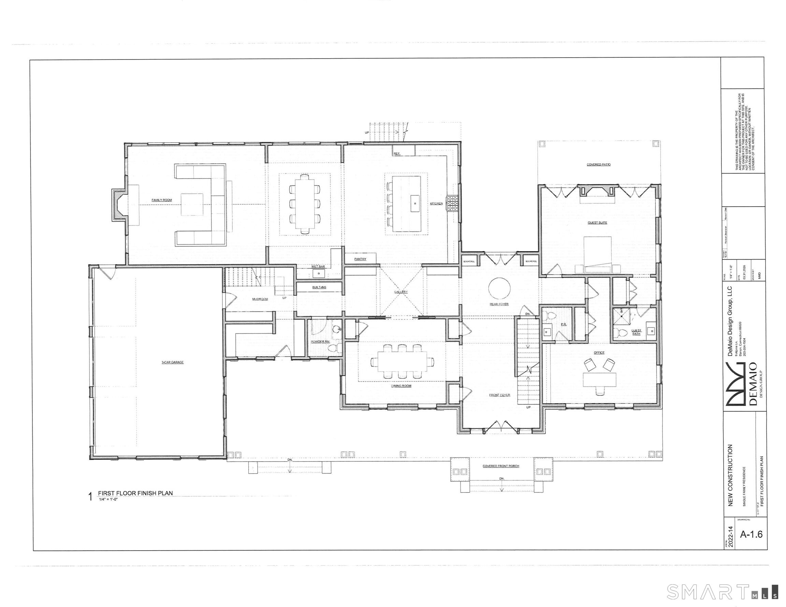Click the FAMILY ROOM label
tap(162, 200)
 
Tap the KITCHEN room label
tap(436, 204)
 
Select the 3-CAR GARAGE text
tap(172, 362)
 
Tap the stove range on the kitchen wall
tap(452, 204)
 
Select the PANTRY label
tap(360, 259)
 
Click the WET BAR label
tap(318, 267)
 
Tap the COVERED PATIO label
tap(598, 165)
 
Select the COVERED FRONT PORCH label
tap(500, 466)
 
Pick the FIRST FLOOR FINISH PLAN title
tap(135, 493)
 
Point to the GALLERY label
tap(401, 292)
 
